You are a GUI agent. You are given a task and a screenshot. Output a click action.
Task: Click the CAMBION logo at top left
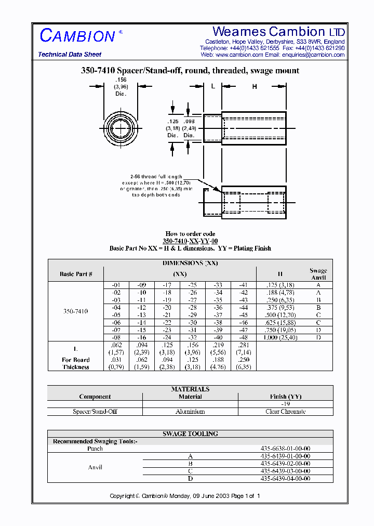tap(78, 36)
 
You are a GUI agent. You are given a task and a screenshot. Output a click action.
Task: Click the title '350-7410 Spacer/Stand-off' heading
tap(190, 71)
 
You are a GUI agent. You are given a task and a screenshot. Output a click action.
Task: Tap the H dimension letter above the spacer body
tap(255, 87)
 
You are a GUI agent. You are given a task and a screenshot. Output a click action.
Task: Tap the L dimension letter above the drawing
tap(213, 87)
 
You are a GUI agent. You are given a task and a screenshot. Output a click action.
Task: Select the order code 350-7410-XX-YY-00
tap(190, 241)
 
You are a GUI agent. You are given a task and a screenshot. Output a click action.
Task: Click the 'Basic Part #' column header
tap(76, 274)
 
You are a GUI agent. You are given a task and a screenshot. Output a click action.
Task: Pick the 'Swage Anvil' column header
tap(318, 274)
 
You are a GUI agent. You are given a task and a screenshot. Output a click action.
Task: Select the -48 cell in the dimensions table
tap(243, 337)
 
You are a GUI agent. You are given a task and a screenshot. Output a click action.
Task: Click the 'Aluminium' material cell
tap(190, 412)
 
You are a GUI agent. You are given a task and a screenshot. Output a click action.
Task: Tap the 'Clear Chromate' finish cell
tap(285, 412)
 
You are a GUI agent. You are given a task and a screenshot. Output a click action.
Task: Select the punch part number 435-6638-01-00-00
tap(285, 449)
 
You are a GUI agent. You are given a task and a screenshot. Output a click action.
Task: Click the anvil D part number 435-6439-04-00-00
tap(285, 478)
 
